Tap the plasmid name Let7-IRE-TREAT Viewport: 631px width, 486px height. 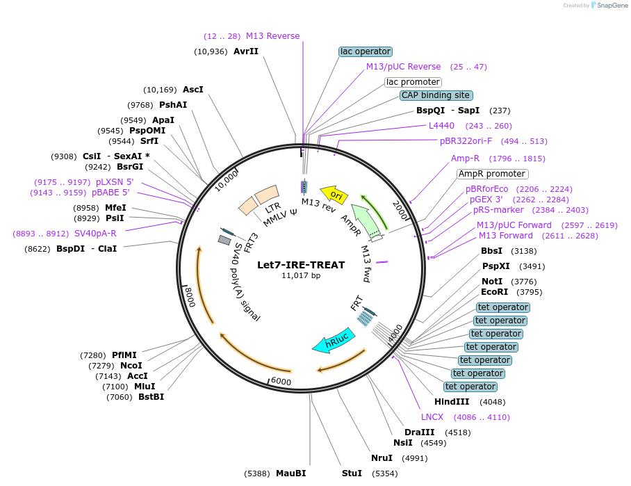click(300, 265)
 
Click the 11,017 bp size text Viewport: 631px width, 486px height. click(301, 276)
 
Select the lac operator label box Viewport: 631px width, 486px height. click(366, 51)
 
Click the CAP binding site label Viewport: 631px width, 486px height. click(436, 95)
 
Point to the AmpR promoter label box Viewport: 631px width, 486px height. click(492, 174)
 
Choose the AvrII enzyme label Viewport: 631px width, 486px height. click(246, 51)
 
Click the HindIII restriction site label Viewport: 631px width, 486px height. click(452, 402)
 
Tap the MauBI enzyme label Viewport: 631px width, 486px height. click(290, 473)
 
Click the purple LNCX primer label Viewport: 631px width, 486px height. click(432, 417)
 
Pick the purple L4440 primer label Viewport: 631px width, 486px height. click(441, 126)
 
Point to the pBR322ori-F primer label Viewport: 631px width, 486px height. click(466, 141)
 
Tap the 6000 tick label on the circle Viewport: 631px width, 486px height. click(280, 382)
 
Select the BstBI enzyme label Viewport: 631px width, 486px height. click(151, 397)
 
